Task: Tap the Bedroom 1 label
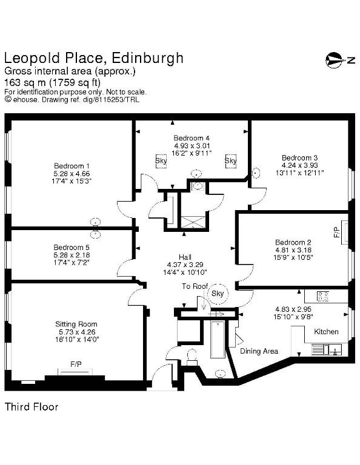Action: (72, 166)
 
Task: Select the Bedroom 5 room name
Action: (72, 247)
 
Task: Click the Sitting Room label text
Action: (76, 324)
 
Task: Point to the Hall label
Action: (185, 257)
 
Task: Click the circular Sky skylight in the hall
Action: (218, 294)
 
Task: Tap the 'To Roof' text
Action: (195, 286)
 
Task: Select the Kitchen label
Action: (326, 332)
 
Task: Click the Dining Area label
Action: (259, 351)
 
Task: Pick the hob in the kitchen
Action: (323, 296)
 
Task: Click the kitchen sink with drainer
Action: (327, 350)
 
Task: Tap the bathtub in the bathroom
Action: (218, 339)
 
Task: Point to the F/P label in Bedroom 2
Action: (336, 232)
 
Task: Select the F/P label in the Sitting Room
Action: (76, 364)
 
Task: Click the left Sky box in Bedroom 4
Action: (161, 161)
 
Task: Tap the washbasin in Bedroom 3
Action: (256, 173)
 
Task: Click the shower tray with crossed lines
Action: (193, 222)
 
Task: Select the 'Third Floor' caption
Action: (32, 407)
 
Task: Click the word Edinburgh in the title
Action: (147, 58)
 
